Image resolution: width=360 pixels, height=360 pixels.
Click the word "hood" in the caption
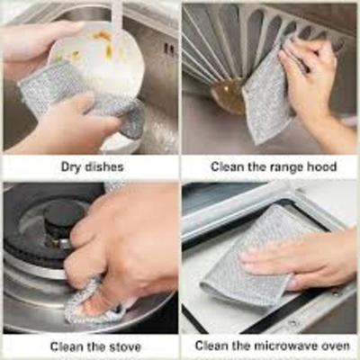[x=321, y=166]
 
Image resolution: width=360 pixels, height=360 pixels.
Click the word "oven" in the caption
[x=335, y=346]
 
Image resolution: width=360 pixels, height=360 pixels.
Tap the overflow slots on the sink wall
[x=169, y=49]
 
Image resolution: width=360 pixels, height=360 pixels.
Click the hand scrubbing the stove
[x=126, y=252]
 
